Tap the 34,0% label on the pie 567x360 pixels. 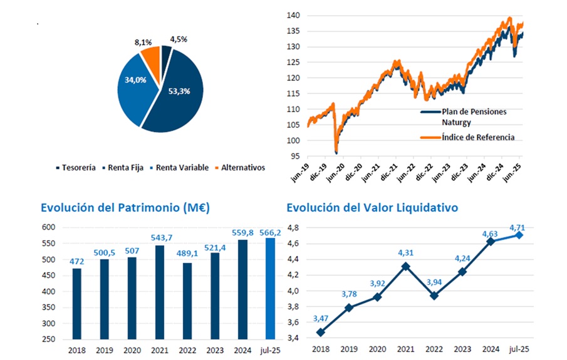pos(136,80)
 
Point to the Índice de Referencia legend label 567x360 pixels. pos(479,137)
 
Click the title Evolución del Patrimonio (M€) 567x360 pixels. pos(125,207)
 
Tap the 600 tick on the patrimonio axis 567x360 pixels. pos(49,227)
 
